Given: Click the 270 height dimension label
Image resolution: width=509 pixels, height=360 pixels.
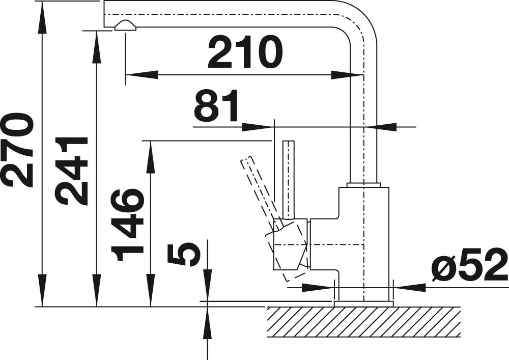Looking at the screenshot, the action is click(17, 150).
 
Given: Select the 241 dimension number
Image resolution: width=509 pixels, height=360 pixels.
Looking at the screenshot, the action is click(72, 171).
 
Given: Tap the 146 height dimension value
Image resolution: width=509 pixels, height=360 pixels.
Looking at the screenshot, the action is click(127, 225).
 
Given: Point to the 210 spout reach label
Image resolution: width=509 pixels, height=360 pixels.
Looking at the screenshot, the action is click(245, 51).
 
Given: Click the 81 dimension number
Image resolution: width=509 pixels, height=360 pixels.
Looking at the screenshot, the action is click(216, 105).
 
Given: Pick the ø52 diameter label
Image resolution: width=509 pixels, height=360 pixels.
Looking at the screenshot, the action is click(469, 264).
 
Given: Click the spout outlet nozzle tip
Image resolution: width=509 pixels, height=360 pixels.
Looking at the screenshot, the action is click(125, 25).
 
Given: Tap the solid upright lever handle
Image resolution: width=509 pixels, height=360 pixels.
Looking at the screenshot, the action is click(288, 180).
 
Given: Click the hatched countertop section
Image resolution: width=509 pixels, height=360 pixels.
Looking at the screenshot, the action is click(363, 322).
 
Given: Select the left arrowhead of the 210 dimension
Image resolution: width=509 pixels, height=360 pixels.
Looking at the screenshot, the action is click(142, 75).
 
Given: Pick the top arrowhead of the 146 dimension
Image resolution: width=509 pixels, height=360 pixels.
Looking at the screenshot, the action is click(150, 157).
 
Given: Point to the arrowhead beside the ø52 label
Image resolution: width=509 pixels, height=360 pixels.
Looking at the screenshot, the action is click(409, 287).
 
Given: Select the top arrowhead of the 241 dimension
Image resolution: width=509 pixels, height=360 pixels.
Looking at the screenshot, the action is click(96, 47).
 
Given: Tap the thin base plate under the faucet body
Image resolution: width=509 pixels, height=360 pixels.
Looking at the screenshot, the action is click(363, 304).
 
